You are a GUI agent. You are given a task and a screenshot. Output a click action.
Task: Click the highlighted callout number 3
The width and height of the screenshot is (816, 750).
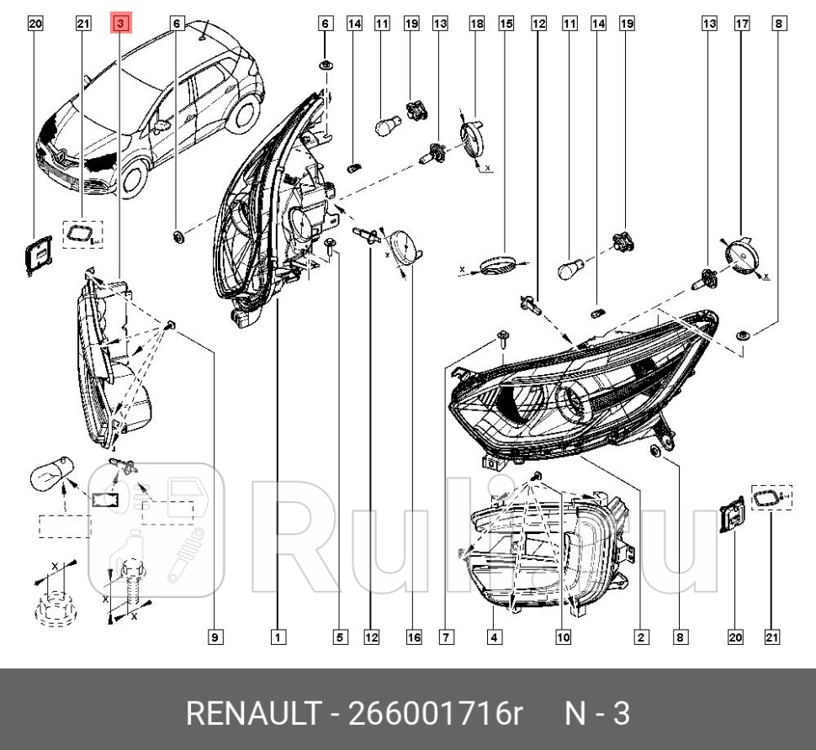[121, 24]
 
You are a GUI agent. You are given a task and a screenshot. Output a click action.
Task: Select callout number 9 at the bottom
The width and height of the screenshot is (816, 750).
[215, 637]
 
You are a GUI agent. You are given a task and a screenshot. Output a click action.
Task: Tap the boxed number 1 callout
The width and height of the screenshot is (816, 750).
[278, 637]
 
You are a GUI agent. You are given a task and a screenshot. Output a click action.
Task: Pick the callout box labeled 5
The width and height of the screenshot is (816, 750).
[340, 637]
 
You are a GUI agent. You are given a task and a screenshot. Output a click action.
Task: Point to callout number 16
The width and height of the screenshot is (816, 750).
[414, 637]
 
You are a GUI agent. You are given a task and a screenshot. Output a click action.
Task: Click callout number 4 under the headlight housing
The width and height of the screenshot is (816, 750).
[495, 637]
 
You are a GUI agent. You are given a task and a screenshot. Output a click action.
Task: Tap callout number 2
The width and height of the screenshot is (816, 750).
[641, 637]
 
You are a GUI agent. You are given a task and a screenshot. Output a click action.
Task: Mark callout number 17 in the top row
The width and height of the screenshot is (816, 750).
[742, 24]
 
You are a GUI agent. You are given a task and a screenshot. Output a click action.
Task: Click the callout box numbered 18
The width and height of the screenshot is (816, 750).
[476, 24]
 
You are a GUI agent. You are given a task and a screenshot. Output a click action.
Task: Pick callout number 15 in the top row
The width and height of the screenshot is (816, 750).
[506, 24]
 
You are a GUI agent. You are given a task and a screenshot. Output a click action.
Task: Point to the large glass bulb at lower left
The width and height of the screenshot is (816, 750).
[50, 478]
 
